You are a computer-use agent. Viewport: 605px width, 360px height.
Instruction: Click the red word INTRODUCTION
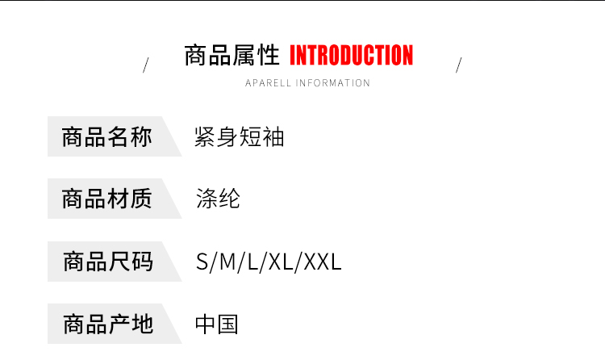click(x=351, y=56)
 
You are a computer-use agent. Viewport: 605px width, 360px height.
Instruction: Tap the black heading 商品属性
click(x=232, y=56)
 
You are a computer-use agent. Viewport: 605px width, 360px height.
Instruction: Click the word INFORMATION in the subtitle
click(x=333, y=83)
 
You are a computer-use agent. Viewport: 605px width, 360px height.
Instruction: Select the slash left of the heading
click(x=145, y=65)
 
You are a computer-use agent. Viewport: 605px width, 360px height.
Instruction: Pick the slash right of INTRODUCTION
click(x=458, y=65)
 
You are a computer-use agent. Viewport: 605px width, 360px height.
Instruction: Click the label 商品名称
click(x=106, y=137)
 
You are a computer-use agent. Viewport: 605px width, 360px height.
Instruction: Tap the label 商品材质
click(x=106, y=199)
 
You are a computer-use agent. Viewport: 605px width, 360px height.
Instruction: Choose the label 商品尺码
click(x=106, y=262)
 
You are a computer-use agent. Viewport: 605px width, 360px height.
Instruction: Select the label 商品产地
click(x=106, y=324)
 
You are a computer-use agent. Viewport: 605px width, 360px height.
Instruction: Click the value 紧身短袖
click(x=240, y=137)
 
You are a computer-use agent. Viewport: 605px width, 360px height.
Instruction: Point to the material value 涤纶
click(x=218, y=199)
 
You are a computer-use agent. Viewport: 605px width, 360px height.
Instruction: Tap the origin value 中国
click(x=217, y=324)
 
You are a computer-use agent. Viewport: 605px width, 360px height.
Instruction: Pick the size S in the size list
click(x=202, y=262)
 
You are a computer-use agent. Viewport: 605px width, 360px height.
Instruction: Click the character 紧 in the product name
click(x=206, y=137)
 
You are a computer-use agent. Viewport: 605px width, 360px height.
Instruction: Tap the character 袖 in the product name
click(x=274, y=137)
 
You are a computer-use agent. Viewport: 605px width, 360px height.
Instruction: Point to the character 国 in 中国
click(x=228, y=324)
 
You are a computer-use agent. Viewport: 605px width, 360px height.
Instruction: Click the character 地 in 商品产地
click(x=141, y=324)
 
